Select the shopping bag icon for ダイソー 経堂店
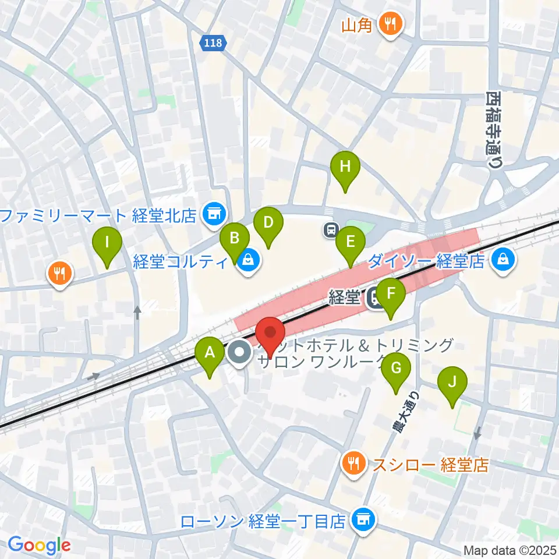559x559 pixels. click(x=501, y=260)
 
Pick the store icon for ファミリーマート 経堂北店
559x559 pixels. click(x=213, y=214)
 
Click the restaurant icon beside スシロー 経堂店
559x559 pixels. click(x=353, y=464)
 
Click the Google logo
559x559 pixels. click(x=39, y=546)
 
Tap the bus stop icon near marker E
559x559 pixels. click(x=331, y=229)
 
